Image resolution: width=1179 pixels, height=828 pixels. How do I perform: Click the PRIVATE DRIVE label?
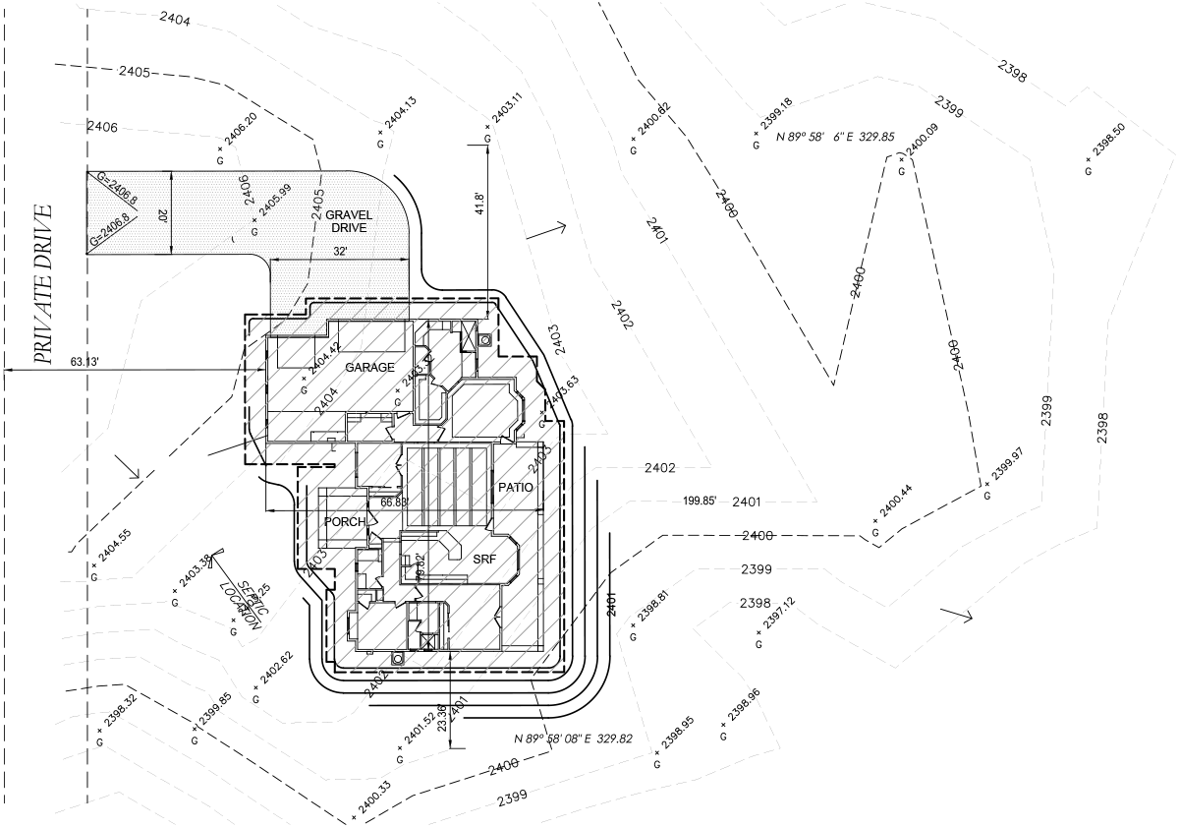pos(42,285)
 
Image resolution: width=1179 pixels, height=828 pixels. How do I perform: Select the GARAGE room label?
pos(369,367)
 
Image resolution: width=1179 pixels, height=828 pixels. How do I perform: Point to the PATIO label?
pos(515,487)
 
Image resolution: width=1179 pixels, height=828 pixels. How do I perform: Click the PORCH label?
pos(345,521)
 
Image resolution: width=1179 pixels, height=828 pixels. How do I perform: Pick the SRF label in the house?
pos(483,559)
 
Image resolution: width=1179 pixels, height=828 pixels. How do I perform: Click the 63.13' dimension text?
pos(87,361)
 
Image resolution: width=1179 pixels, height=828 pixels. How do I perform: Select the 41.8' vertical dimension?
pos(479,204)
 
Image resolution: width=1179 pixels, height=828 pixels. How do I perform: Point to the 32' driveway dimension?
pos(340,251)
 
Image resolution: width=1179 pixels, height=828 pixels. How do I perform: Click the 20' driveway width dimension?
pos(162,215)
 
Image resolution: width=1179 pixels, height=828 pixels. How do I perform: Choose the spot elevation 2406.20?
pos(241,132)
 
